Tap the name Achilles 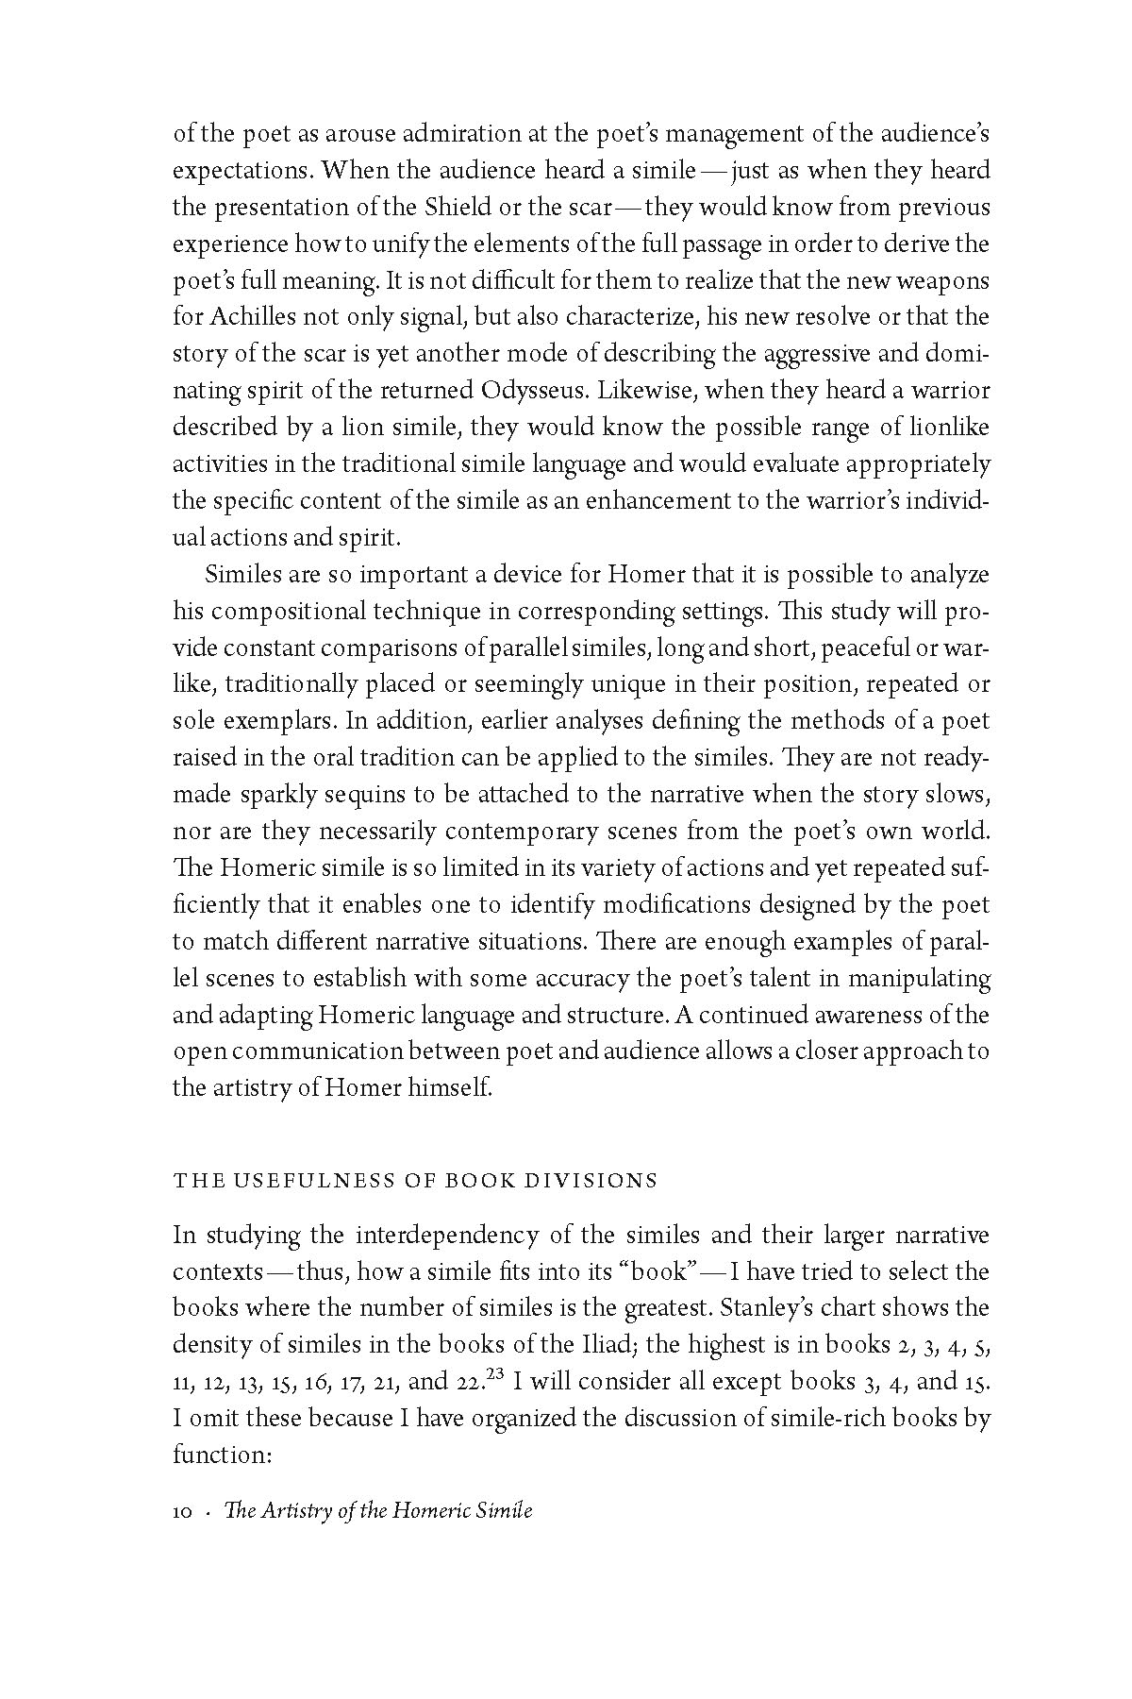(242, 317)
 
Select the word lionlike (946, 428)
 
